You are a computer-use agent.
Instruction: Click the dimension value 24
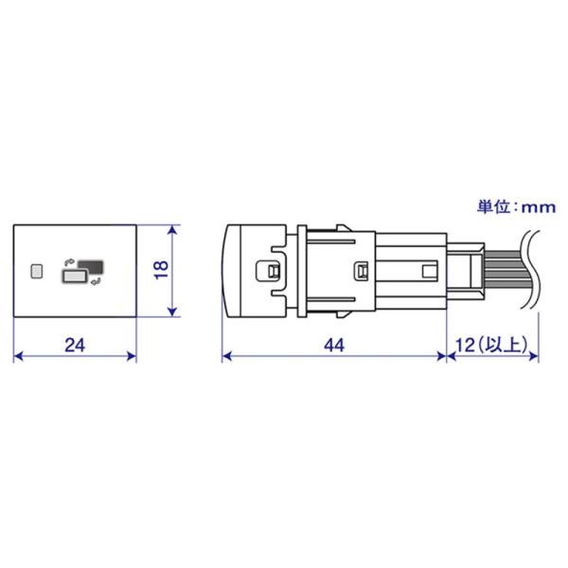[75, 345]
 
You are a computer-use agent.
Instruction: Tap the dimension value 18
[162, 269]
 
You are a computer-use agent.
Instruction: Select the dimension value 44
[334, 345]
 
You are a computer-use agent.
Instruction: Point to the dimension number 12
[465, 345]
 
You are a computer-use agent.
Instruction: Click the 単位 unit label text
[493, 206]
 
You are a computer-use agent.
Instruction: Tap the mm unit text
[539, 207]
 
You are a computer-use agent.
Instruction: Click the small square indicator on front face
[37, 272]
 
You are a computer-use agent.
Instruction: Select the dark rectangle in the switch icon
[91, 266]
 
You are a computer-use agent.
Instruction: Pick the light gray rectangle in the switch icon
[74, 276]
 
